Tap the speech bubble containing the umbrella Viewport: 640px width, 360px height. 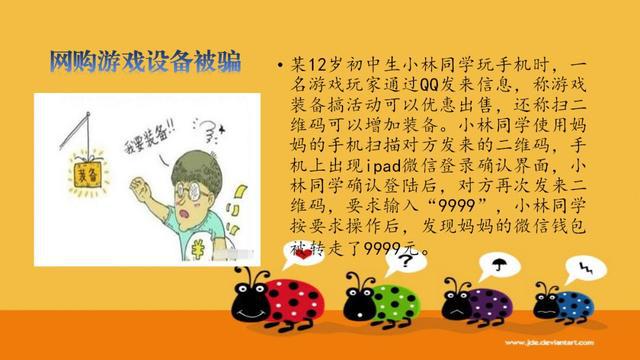coord(498,266)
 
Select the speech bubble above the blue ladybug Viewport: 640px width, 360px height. coord(589,269)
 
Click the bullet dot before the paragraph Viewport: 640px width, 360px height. coord(278,66)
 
